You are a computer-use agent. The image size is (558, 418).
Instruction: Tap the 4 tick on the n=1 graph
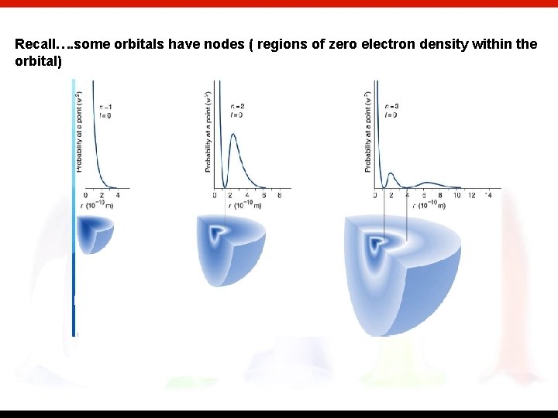coord(118,195)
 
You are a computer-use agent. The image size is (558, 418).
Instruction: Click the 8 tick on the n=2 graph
coord(278,195)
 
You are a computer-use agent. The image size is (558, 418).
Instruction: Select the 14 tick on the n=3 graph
coord(488,195)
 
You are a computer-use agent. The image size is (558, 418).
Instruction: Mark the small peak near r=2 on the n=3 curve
coord(392,174)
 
